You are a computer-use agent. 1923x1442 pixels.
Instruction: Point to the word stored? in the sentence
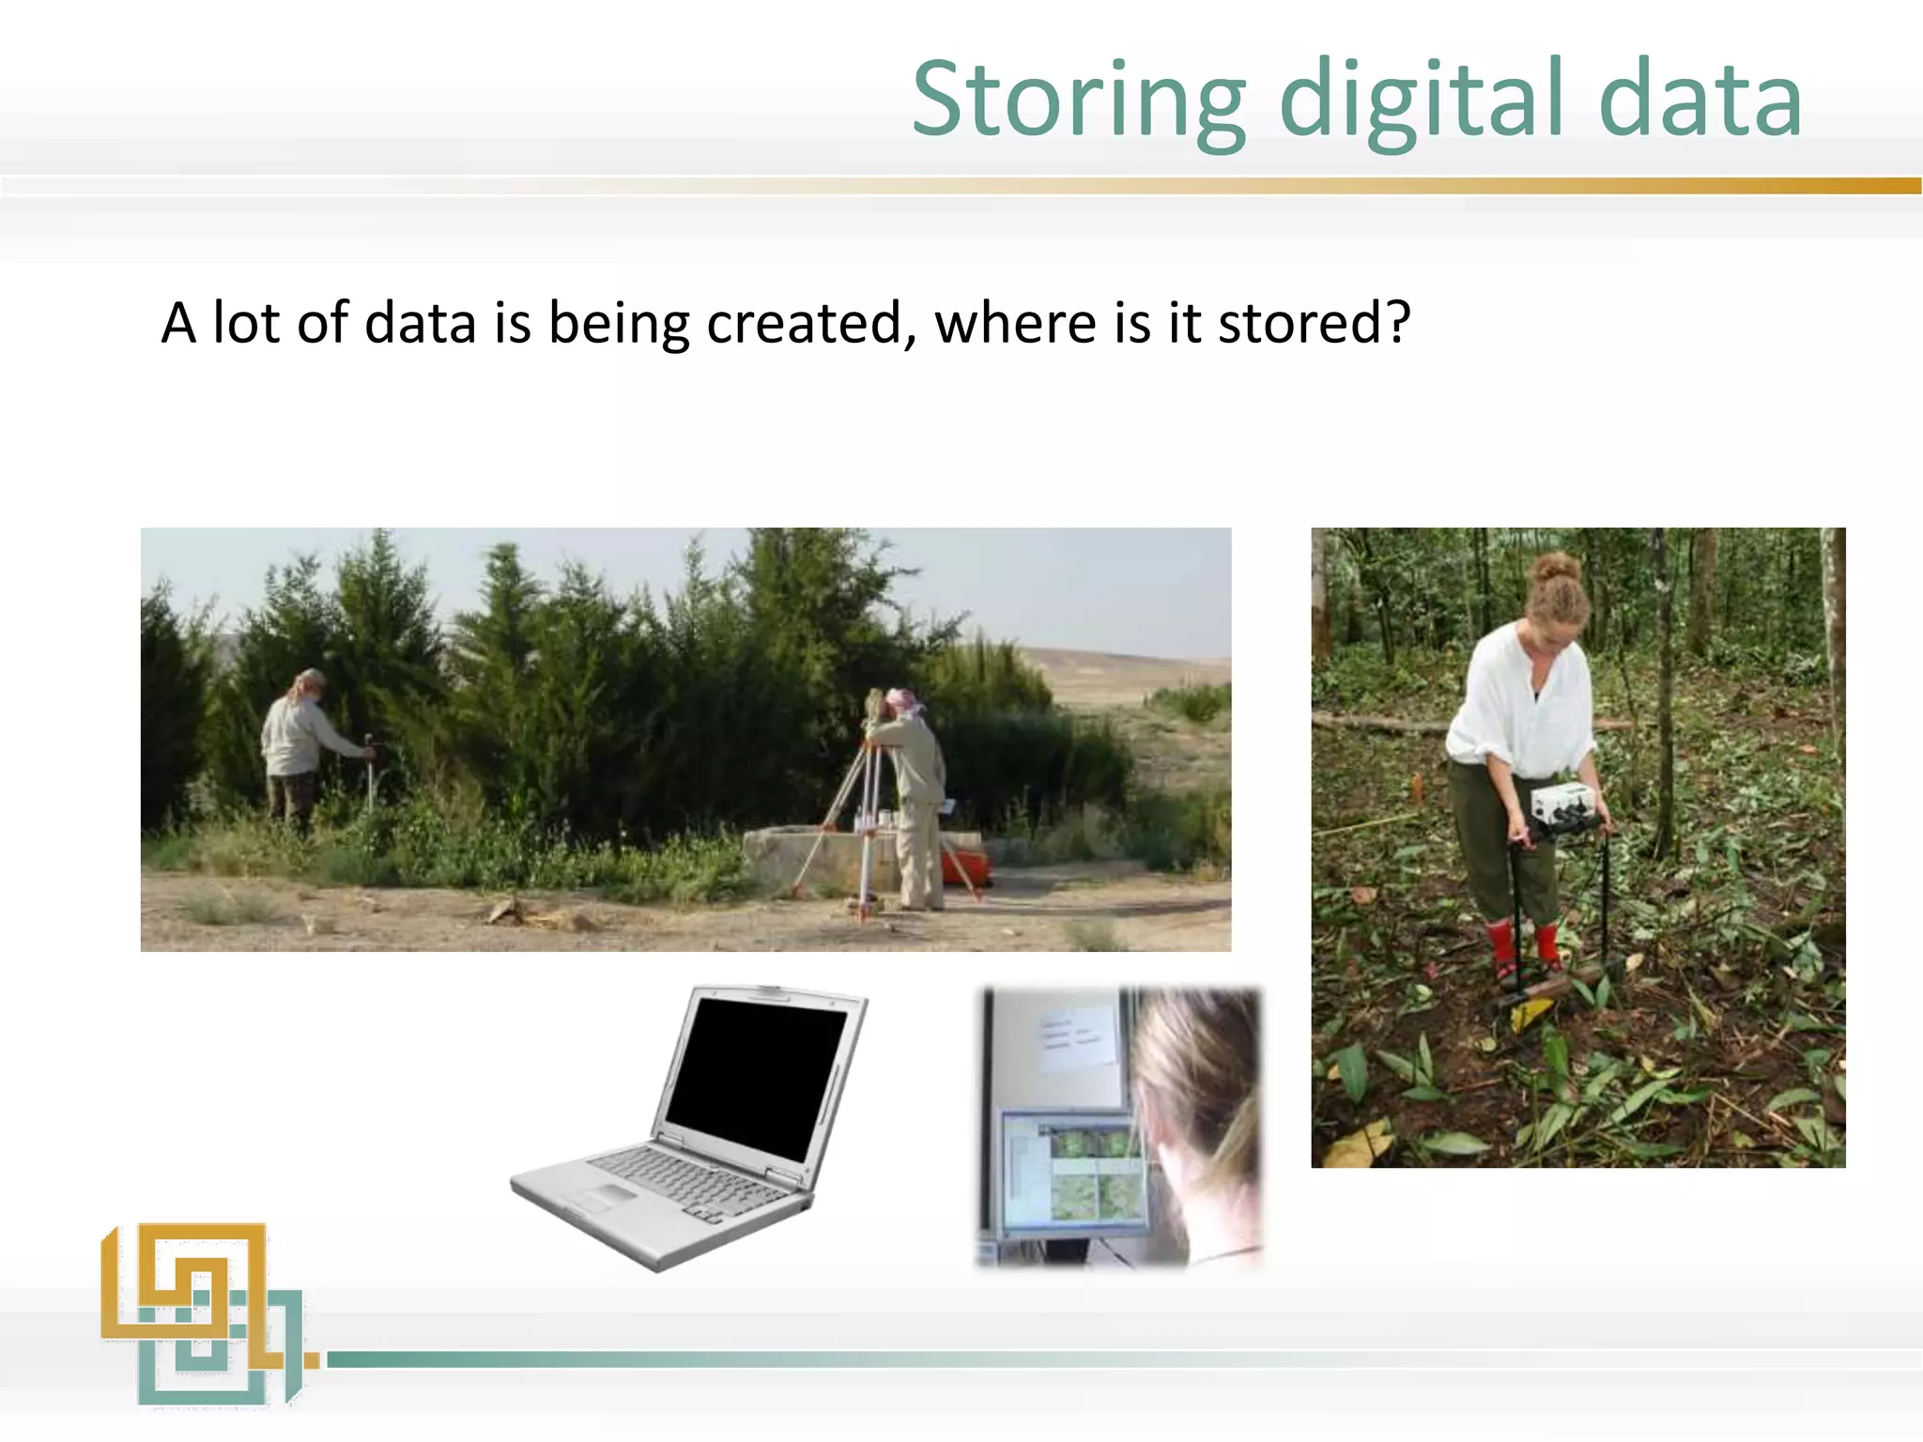coord(1314,324)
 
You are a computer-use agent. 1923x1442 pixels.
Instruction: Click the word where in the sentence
coord(1016,324)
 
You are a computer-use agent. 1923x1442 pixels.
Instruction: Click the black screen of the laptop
coord(757,1075)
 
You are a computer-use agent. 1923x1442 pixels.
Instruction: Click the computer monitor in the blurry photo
coord(1070,1169)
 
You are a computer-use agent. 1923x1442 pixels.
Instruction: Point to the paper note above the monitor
coord(1075,1037)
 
